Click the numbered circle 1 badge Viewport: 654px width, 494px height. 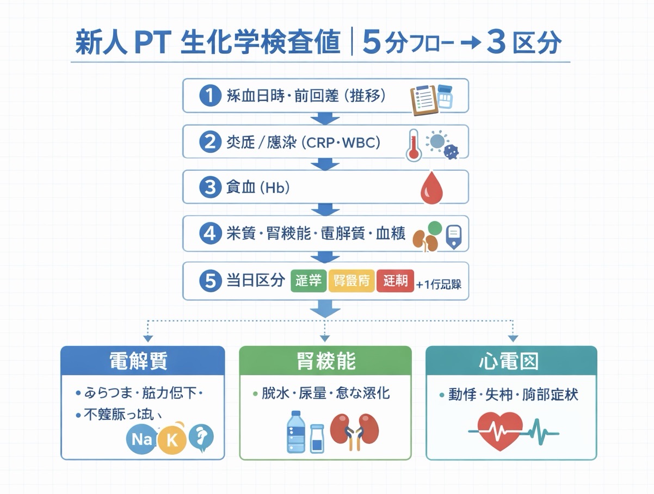pyautogui.click(x=209, y=96)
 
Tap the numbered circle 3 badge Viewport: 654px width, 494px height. pyautogui.click(x=209, y=188)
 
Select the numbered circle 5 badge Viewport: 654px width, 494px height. pyautogui.click(x=209, y=281)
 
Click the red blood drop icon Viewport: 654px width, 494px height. pyautogui.click(x=432, y=189)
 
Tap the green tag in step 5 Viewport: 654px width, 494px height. pyautogui.click(x=309, y=281)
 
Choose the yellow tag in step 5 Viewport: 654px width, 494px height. pyautogui.click(x=351, y=281)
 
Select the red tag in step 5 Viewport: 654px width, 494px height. pyautogui.click(x=395, y=281)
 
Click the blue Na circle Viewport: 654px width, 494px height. pyautogui.click(x=141, y=439)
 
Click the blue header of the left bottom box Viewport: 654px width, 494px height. pyautogui.click(x=143, y=361)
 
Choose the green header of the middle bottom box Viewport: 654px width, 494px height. pyautogui.click(x=325, y=361)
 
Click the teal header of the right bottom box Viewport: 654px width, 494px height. pyautogui.click(x=511, y=361)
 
